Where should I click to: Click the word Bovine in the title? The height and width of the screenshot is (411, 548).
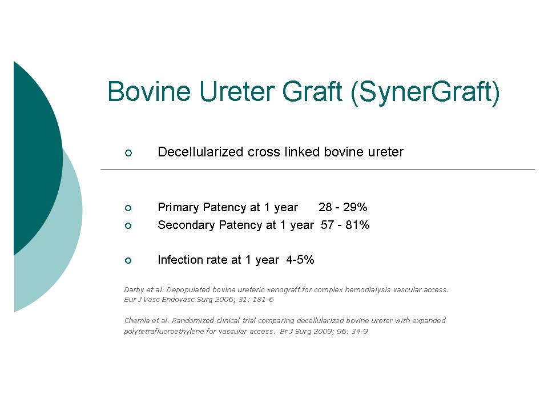(149, 91)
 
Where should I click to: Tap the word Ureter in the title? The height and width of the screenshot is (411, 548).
(236, 91)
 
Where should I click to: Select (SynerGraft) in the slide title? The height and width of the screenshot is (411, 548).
(425, 93)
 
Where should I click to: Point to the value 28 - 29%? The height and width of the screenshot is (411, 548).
(343, 207)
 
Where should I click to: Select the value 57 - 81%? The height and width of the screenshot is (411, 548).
(345, 224)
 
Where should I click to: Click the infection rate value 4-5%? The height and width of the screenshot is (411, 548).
(300, 260)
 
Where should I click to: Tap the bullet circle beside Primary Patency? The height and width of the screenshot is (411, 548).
(128, 208)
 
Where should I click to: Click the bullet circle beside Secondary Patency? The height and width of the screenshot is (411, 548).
(128, 225)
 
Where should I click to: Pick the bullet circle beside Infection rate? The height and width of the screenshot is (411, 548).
(128, 260)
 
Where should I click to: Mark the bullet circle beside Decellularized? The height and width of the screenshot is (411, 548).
(128, 153)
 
